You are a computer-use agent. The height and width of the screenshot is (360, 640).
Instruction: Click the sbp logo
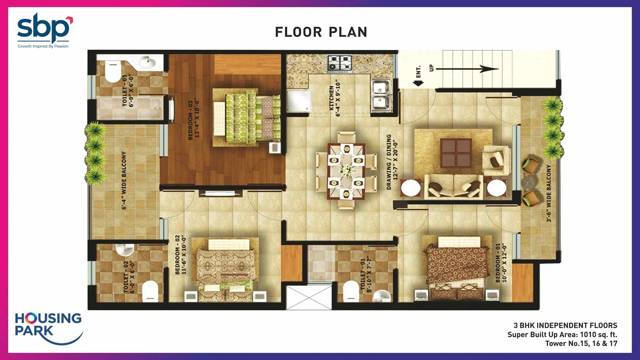45,30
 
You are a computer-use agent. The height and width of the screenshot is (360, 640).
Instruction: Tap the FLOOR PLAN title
321,32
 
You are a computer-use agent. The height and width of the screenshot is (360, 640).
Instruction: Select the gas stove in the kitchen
340,62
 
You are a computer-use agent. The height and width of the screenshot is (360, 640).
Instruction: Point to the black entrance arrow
418,83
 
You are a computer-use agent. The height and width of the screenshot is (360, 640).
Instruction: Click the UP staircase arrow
467,69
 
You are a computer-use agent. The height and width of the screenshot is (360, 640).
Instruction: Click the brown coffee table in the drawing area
456,153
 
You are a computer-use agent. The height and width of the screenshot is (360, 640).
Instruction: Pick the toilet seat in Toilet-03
113,72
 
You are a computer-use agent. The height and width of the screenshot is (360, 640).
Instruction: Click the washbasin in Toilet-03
148,62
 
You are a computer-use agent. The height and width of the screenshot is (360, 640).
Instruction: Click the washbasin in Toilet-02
125,250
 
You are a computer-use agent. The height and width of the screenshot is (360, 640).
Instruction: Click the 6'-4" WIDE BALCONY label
124,180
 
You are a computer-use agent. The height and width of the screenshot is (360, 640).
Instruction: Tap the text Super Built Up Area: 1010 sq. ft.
562,334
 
